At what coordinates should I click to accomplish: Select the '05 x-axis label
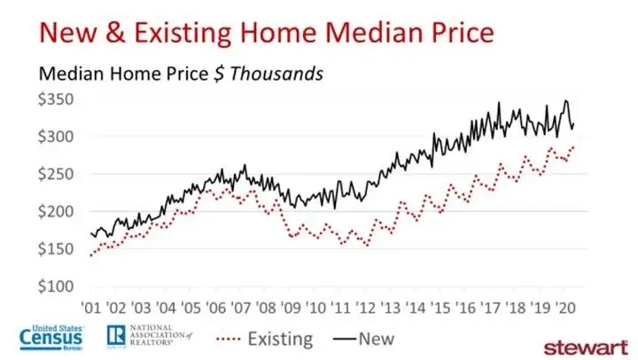pyautogui.click(x=191, y=308)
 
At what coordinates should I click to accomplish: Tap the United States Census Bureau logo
pyautogui.click(x=52, y=338)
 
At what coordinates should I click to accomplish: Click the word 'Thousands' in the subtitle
pyautogui.click(x=277, y=74)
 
